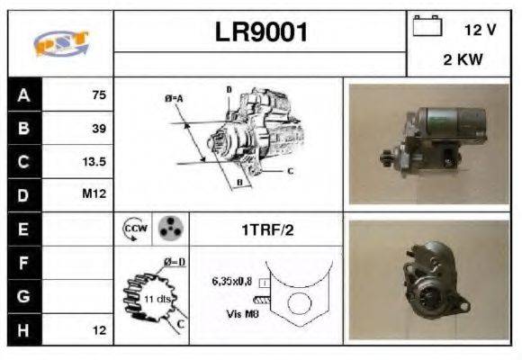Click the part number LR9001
261,32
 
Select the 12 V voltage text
480,30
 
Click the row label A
24,94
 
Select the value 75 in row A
98,94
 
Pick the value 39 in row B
98,129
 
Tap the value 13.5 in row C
94,162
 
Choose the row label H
24,329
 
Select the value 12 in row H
99,330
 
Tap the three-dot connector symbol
167,229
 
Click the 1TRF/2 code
267,229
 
